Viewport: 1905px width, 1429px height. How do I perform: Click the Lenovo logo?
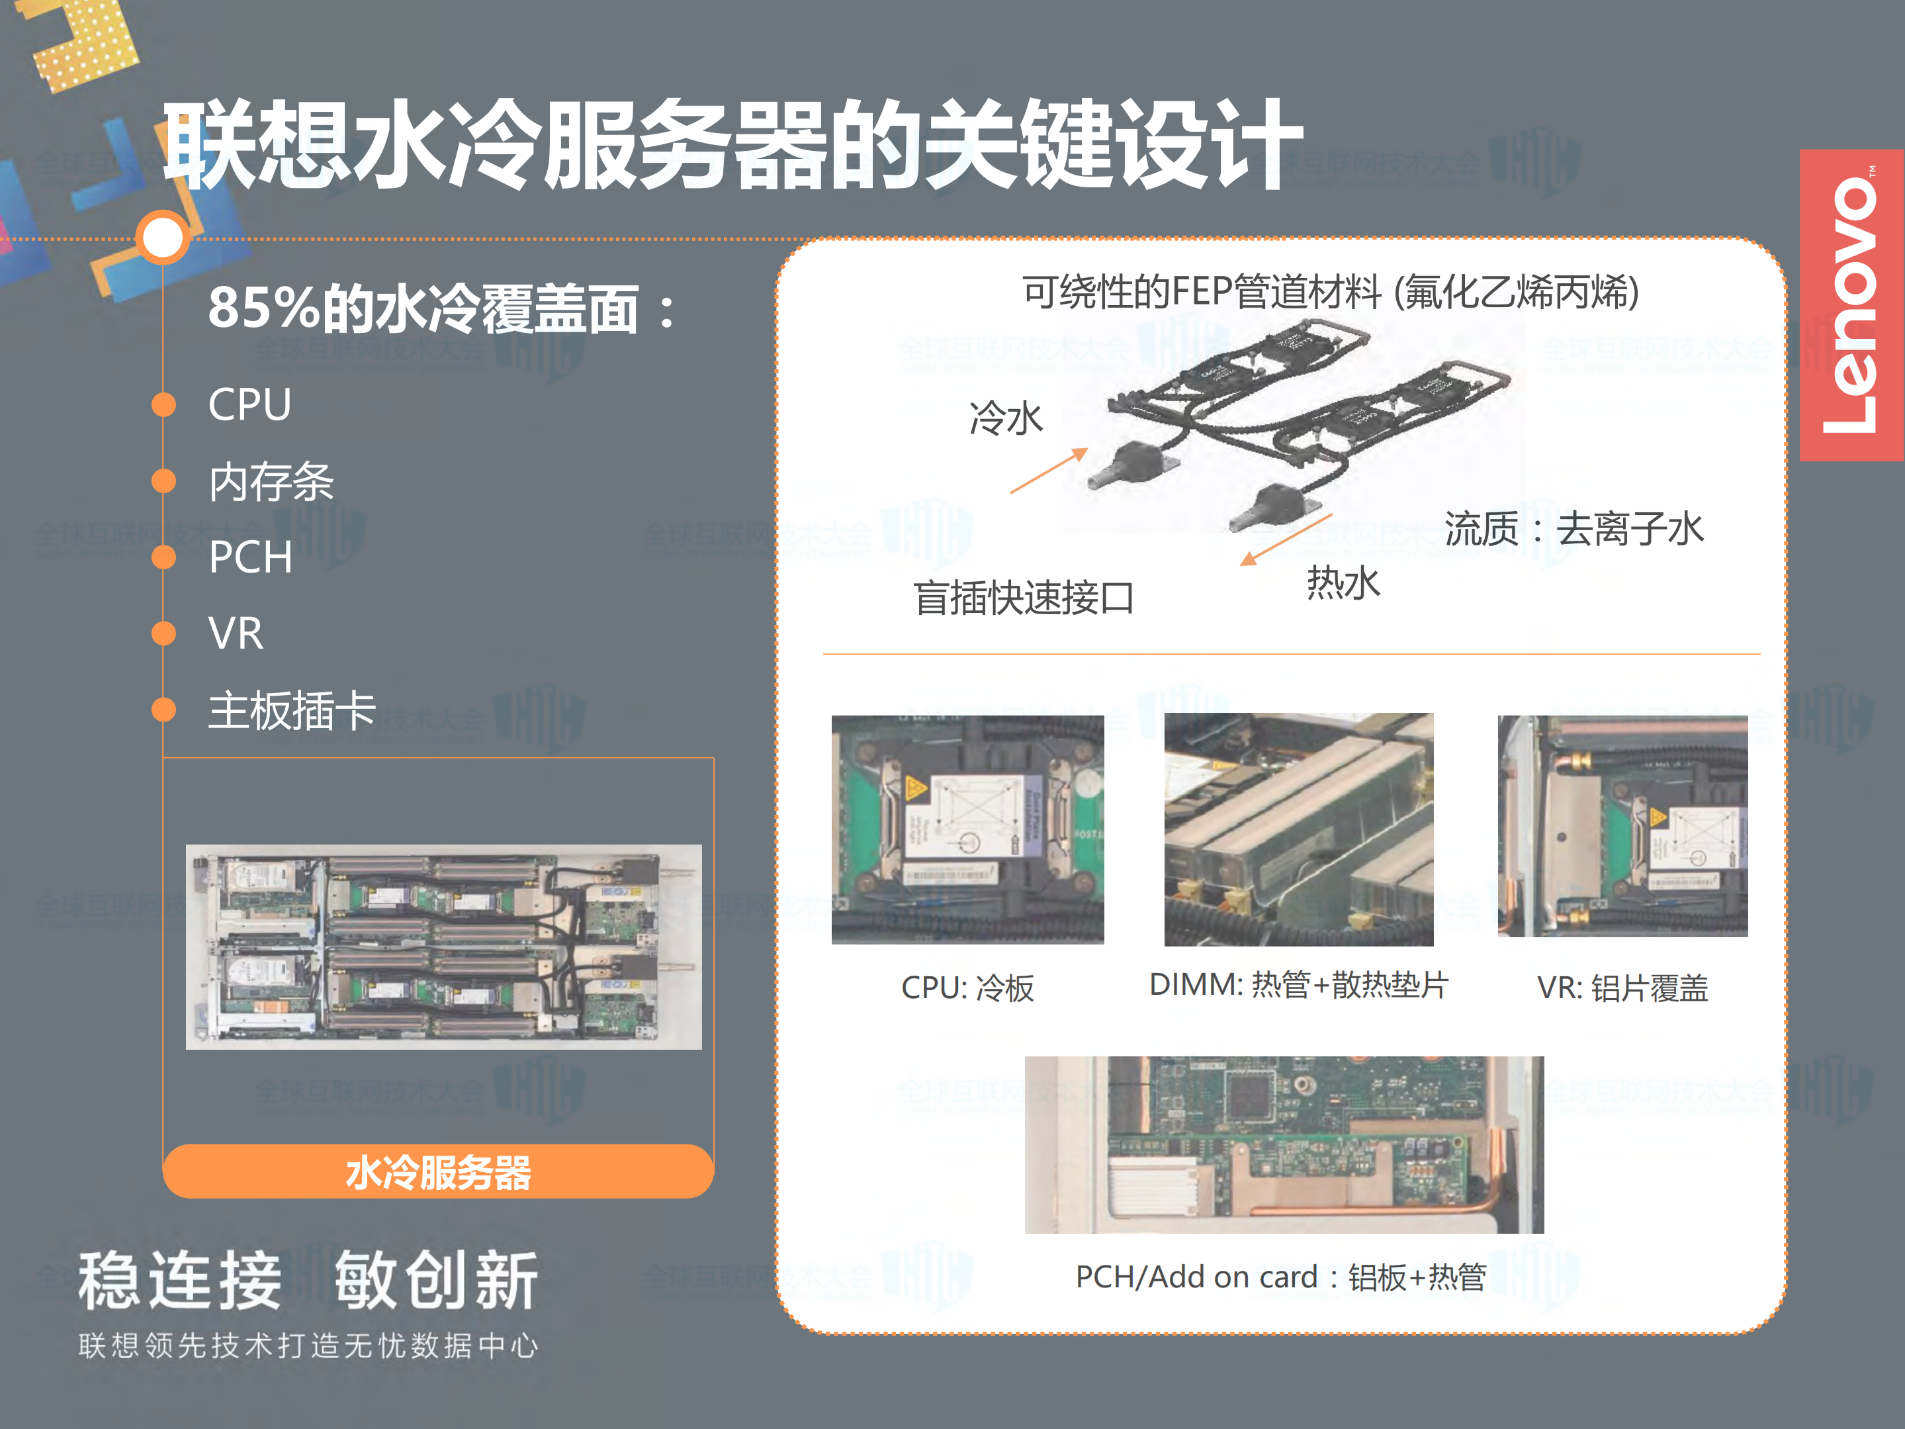(x=1851, y=306)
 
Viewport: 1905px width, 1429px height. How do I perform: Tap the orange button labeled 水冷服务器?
(x=438, y=1172)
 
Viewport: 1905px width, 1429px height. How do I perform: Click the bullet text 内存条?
(x=271, y=481)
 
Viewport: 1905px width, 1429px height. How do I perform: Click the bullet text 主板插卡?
(x=292, y=711)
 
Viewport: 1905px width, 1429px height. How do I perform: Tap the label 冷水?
(x=1006, y=418)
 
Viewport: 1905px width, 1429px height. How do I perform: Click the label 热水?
(x=1343, y=583)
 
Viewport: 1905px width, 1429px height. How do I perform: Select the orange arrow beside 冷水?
(x=1049, y=471)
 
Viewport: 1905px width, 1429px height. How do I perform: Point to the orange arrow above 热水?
(x=1286, y=540)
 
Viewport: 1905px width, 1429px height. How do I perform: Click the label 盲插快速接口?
(x=1024, y=598)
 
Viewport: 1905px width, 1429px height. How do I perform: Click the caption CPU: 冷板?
(x=967, y=987)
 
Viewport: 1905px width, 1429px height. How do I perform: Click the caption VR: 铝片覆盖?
(x=1622, y=987)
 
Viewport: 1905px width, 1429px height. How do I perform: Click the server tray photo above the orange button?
(x=443, y=946)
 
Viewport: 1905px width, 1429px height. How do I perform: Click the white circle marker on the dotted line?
(x=163, y=237)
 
